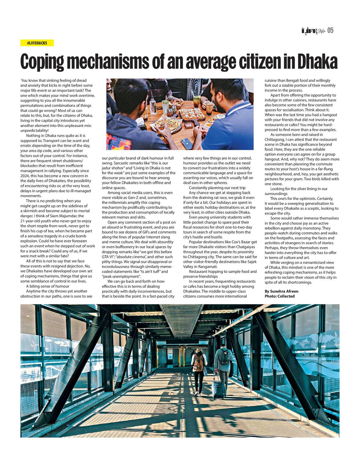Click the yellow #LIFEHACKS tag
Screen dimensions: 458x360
pos(37,43)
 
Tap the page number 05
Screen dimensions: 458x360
pos(330,30)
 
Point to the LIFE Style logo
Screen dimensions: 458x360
pos(313,31)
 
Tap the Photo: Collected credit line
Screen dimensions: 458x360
pos(279,296)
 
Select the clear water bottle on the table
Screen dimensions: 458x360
pos(152,105)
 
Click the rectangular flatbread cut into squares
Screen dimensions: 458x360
pos(191,114)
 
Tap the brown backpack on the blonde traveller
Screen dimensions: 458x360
pos(199,362)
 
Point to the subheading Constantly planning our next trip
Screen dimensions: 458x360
pos(217,188)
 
